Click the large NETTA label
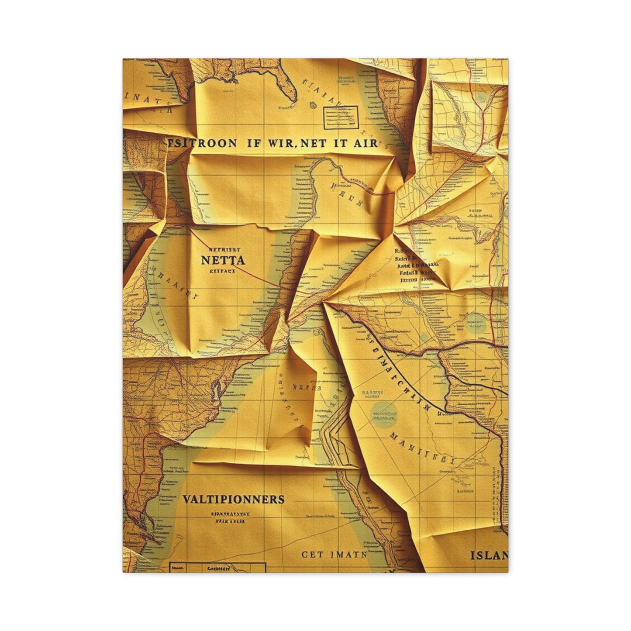click(223, 260)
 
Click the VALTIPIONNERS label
click(233, 499)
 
